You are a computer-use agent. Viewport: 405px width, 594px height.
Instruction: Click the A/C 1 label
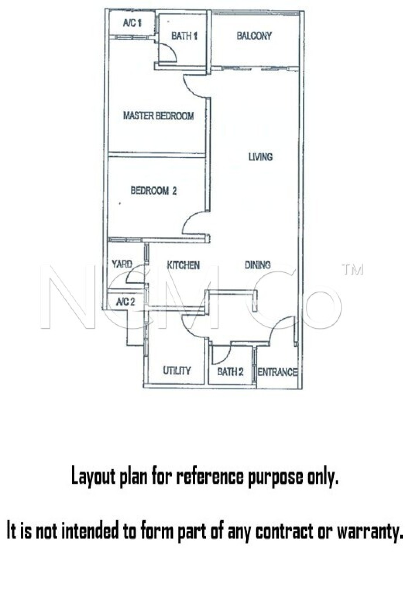click(x=132, y=23)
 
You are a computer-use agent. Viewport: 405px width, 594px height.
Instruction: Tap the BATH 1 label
click(x=184, y=36)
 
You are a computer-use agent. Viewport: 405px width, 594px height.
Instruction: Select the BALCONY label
click(x=254, y=36)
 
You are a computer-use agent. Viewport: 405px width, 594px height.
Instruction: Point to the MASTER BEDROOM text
click(x=158, y=116)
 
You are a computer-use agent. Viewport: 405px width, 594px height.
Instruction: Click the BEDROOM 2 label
click(x=154, y=191)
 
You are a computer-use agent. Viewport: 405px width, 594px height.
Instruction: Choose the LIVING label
click(x=260, y=157)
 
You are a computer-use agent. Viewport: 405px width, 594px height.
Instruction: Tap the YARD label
click(x=122, y=264)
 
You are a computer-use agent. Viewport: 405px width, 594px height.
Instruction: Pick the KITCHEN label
click(x=183, y=265)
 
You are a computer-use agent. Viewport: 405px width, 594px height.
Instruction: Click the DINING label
click(x=258, y=265)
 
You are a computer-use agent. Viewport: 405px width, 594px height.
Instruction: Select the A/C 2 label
click(x=125, y=302)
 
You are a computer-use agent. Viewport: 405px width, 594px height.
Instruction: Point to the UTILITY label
click(x=177, y=370)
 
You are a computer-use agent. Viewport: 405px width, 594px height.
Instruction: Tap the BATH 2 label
click(x=230, y=372)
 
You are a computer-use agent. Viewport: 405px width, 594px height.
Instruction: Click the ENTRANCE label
click(x=277, y=372)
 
